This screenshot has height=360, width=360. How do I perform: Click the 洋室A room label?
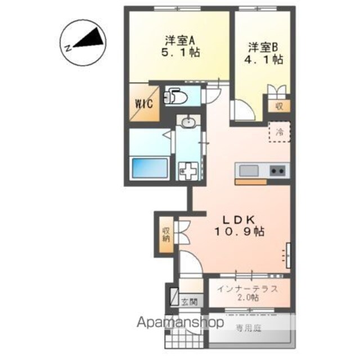tap(180, 41)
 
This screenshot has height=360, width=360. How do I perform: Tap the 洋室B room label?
tap(263, 47)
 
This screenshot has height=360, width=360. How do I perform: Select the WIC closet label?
tap(144, 104)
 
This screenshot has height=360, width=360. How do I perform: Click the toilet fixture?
tap(175, 97)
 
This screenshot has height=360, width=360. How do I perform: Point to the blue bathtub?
tap(150, 168)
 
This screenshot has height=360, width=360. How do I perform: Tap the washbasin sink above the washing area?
tap(188, 122)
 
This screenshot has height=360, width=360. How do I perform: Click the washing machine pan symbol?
tap(188, 171)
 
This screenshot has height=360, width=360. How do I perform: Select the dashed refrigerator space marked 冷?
tap(280, 132)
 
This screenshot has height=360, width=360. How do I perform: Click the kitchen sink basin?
tap(249, 170)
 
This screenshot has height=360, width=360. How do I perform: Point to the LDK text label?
tap(239, 220)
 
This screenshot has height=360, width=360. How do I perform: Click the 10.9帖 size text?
tap(239, 231)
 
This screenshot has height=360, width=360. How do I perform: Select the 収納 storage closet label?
tap(166, 235)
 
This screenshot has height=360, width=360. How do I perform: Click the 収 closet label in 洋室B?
tap(279, 106)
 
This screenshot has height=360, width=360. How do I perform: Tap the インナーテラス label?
tap(247, 289)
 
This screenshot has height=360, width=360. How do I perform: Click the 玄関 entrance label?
tap(190, 302)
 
